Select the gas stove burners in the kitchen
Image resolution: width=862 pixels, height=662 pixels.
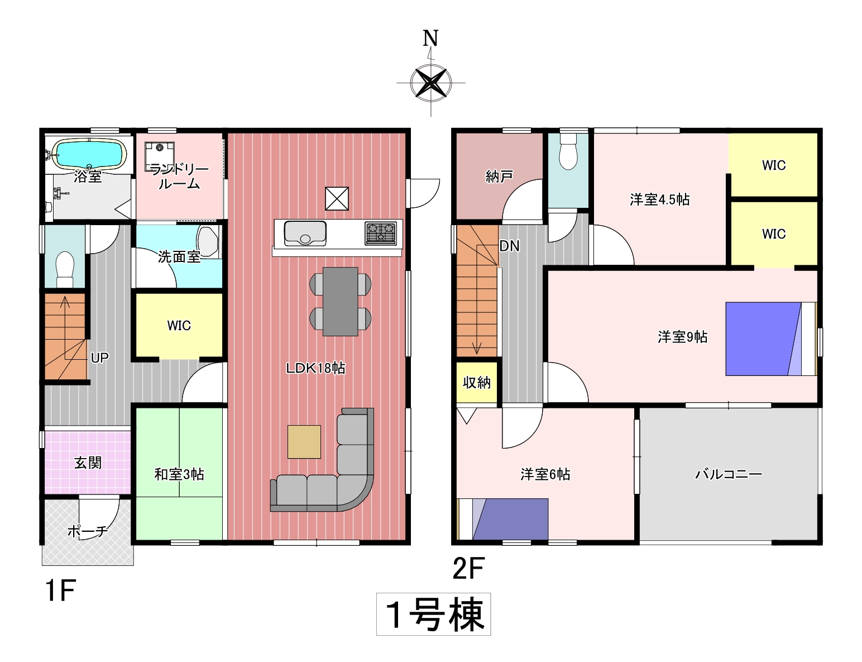coord(381,233)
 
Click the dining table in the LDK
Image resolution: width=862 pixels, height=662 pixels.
coord(341,302)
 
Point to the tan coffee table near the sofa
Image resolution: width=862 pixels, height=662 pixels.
coord(304,442)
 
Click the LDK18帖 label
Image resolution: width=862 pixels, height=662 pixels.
coord(316,368)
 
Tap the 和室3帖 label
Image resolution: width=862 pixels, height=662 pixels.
coord(179,474)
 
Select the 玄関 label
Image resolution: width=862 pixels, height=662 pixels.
coord(88,463)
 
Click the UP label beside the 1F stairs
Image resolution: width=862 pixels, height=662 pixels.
coord(99,358)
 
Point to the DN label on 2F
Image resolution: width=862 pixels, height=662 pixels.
coord(509,246)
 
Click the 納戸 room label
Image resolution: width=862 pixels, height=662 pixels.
coord(500,177)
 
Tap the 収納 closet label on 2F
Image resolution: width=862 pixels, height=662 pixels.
coord(477,383)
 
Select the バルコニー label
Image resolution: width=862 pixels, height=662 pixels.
coord(729,474)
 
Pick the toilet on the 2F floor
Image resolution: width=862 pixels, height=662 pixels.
coord(568,151)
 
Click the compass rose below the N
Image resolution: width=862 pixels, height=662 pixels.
coord(431,83)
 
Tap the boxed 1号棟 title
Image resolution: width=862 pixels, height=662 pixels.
coord(434,615)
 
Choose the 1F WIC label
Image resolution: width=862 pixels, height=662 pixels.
coord(179,326)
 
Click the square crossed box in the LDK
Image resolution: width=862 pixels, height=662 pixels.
coord(337,198)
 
